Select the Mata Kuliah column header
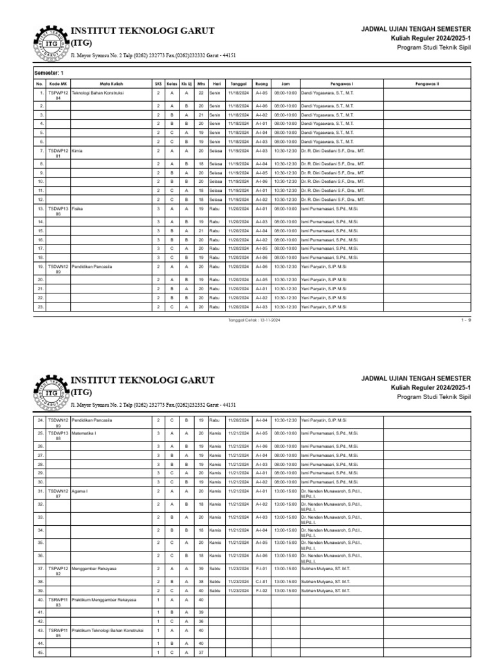111,84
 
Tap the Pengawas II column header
427,84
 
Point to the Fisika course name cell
78,209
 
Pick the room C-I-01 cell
261,582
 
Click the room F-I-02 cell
261,590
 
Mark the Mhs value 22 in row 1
201,93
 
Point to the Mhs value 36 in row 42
201,621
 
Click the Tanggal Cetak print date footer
251,319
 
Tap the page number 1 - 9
466,319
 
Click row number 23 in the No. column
40,307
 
